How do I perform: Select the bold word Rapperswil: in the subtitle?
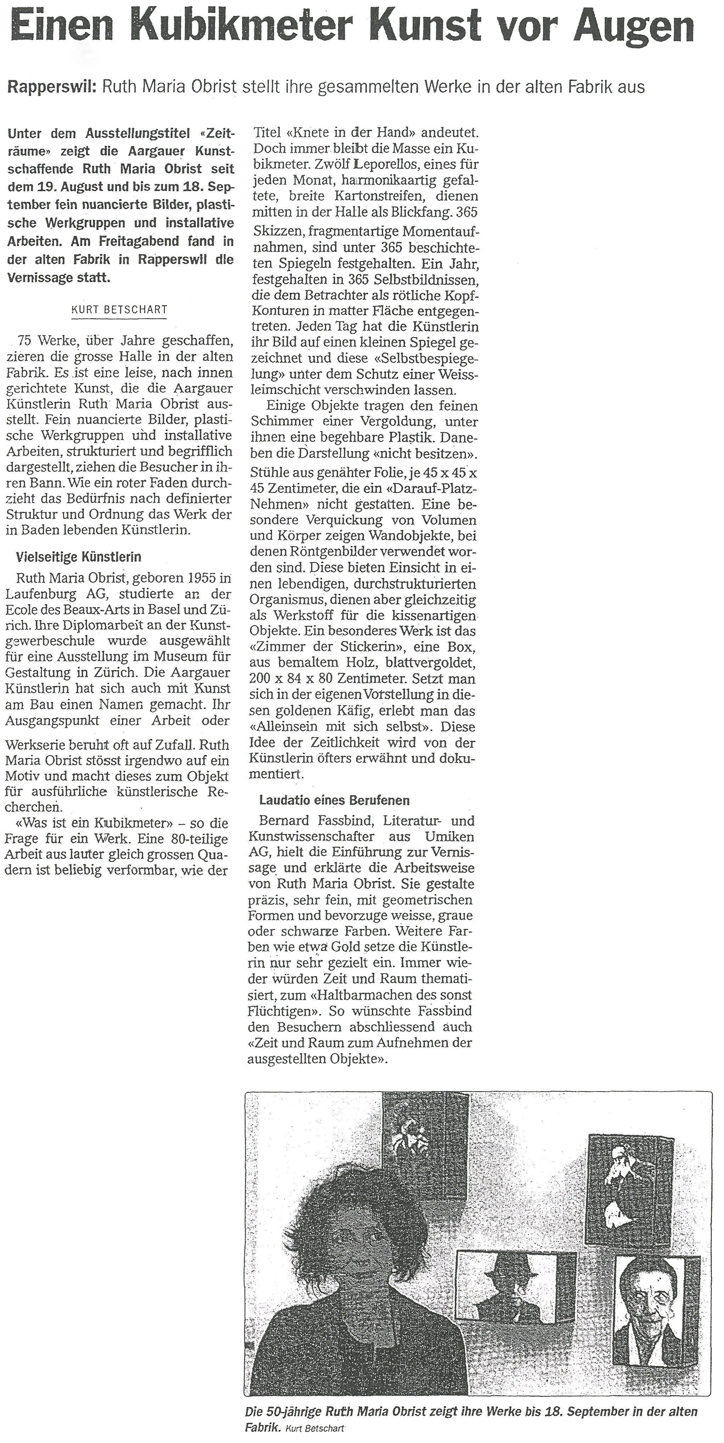pos(51,87)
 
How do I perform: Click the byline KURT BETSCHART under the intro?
pos(120,309)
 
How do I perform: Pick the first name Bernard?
pos(284,821)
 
